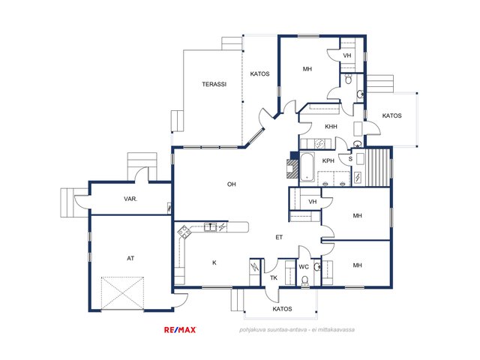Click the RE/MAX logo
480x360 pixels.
coord(180,330)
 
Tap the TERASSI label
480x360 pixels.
coord(214,84)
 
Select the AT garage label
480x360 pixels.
coord(130,258)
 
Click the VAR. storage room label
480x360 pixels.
coord(130,199)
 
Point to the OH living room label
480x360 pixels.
coord(232,184)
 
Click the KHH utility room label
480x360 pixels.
coord(331,127)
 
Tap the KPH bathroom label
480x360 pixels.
coord(328,160)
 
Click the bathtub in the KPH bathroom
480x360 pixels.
coord(307,167)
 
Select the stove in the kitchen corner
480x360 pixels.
coord(184,232)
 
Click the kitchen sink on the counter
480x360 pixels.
coord(210,226)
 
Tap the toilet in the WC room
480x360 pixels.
coord(304,281)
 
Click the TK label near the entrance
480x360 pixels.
coord(273,277)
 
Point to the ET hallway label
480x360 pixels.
coord(279,237)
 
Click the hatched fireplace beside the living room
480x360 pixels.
coord(292,169)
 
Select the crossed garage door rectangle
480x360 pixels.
coord(122,293)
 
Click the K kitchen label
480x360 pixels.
coord(214,262)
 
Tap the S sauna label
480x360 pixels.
coord(350,159)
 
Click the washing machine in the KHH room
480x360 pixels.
coord(320,143)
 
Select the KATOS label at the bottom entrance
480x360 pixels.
coord(282,309)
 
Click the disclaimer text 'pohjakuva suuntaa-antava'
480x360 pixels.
coord(273,330)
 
